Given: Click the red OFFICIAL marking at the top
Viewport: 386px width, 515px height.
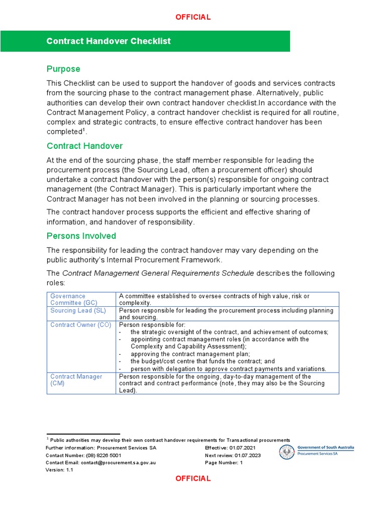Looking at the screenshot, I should (x=193, y=17).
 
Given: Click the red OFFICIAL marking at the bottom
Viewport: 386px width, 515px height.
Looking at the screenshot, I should (x=193, y=478).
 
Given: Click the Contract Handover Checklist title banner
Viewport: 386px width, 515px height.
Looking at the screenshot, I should (x=109, y=41).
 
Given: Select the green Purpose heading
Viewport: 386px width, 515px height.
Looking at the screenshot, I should (x=63, y=69).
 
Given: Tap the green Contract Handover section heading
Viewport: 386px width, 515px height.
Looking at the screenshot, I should (x=84, y=146).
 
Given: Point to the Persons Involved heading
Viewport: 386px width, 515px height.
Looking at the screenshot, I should (x=81, y=236).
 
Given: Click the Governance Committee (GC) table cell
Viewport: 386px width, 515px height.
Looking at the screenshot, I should (x=74, y=299).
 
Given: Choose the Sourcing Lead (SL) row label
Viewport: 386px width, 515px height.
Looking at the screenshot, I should (x=78, y=311).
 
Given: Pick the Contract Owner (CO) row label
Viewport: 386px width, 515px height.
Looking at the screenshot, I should (x=80, y=325).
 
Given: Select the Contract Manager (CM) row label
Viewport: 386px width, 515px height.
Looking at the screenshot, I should (x=76, y=380).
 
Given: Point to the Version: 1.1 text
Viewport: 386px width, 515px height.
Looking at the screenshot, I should (x=59, y=470).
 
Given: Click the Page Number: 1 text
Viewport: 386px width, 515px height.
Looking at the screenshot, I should (x=224, y=463).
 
